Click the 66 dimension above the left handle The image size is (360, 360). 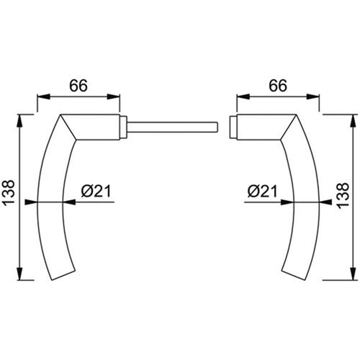coord(78,86)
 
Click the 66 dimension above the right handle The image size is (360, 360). coord(278,86)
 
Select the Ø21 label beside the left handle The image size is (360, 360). coord(96,191)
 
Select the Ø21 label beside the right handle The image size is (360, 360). coord(262,191)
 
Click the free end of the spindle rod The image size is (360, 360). coord(217,127)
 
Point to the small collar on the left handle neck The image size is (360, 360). coord(123,127)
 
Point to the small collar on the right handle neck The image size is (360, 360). coord(233,127)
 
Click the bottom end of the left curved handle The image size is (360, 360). coord(63,276)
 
